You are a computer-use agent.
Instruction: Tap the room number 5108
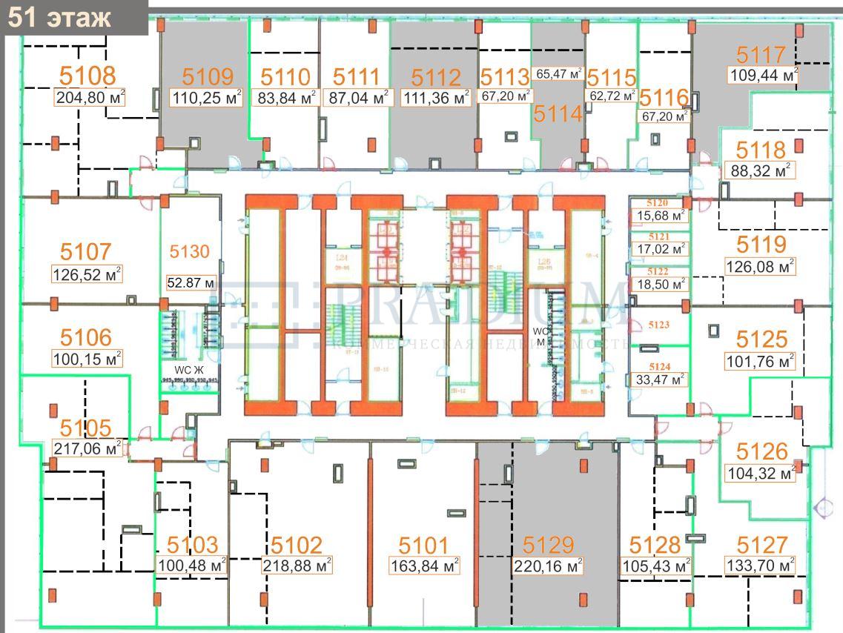coord(87,75)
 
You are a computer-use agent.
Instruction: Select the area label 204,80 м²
coord(89,98)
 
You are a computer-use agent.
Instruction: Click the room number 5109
coord(208,76)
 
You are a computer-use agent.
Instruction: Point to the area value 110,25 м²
coord(207,98)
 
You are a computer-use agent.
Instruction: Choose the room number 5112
coord(436,77)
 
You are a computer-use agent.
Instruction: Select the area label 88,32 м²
coord(760,170)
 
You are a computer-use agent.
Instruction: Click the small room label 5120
coord(658,202)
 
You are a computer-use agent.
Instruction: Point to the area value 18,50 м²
coord(658,284)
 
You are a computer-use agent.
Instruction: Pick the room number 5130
coord(191,252)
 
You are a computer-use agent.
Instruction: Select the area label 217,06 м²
coord(87,448)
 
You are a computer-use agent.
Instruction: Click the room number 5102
coord(297,546)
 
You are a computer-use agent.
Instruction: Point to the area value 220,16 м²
coord(548,566)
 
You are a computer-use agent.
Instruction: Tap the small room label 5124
coord(658,367)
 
